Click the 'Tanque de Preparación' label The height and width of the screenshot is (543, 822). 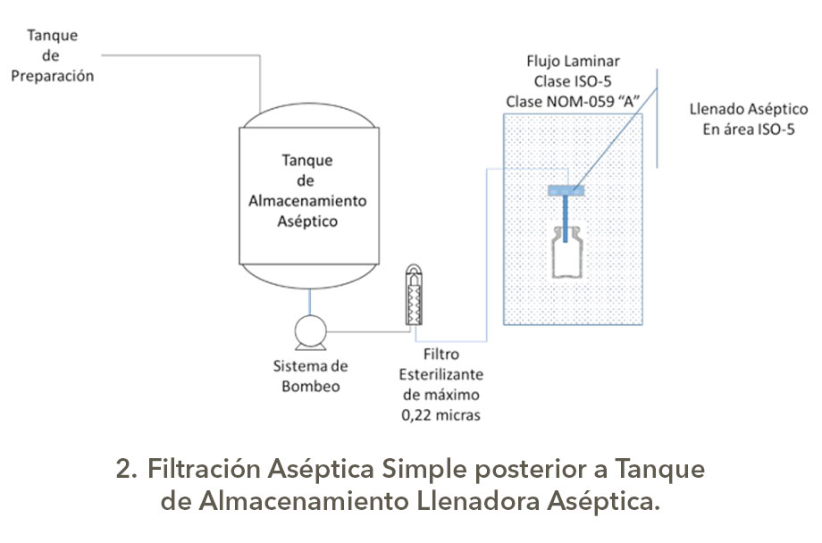pos(53,55)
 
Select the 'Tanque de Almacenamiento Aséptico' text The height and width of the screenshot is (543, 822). pos(307,191)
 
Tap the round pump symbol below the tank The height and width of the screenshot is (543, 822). pos(308,334)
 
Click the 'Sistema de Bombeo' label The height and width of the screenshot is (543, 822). pos(310,376)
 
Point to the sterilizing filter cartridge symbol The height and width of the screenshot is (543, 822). pos(414,296)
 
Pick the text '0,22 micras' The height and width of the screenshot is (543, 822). pos(441,414)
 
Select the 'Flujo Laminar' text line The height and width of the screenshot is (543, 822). pos(572,62)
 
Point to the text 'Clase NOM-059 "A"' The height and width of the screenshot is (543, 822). pos(572,101)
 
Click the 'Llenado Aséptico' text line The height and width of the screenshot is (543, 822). pos(749,110)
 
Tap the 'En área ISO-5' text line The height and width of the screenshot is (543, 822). pos(749,129)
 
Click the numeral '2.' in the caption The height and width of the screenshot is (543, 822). pos(127,468)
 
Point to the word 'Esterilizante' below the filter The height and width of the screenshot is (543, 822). pos(441,374)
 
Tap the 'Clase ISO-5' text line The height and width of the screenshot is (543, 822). pos(572,81)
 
